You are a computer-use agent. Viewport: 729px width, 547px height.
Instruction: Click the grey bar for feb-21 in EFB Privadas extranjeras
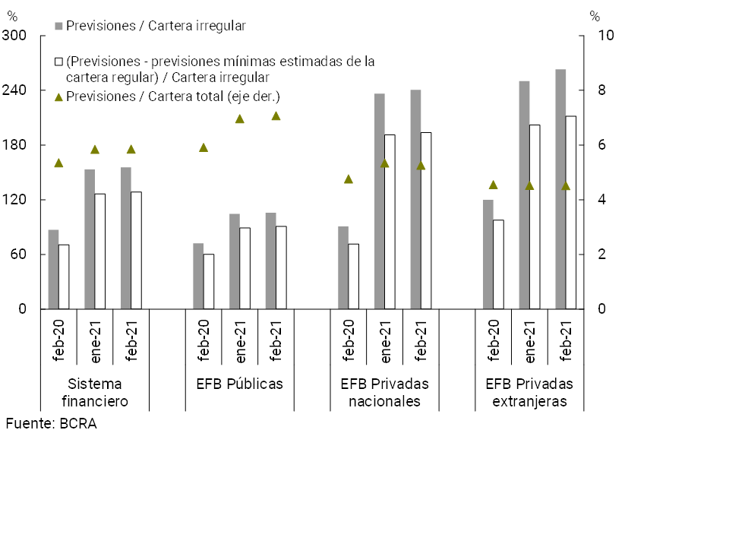click(560, 189)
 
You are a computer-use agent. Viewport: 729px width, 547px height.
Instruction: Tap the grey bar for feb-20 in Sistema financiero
click(53, 269)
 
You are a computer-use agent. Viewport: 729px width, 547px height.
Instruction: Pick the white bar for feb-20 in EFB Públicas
click(209, 281)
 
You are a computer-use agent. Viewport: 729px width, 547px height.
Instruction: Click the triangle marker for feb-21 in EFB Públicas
click(276, 116)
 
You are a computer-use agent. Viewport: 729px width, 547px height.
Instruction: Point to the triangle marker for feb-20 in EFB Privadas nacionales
click(349, 179)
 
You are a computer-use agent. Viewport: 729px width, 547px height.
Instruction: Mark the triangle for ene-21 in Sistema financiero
click(95, 150)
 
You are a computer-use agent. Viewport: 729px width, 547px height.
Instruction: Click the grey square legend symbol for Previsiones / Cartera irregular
click(58, 26)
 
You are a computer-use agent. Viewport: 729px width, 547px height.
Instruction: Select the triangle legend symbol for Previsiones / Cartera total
click(58, 97)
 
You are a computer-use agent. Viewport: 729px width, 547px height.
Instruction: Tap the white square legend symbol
click(58, 62)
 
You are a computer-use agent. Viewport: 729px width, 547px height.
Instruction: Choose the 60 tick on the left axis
click(17, 255)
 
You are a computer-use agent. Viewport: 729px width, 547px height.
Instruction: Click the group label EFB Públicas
click(235, 384)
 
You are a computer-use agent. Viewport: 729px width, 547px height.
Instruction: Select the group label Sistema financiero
click(93, 392)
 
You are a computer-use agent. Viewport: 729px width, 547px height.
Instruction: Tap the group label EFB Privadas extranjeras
click(529, 392)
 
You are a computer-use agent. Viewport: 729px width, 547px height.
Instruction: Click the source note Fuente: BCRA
click(51, 424)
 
